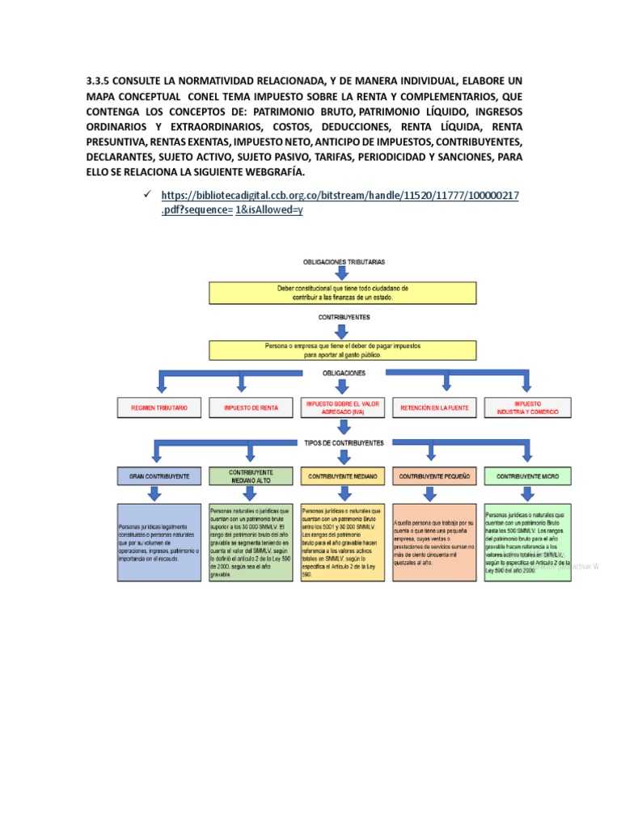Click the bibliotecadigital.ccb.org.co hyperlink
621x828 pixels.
[x=340, y=196]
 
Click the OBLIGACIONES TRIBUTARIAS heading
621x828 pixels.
[x=344, y=263]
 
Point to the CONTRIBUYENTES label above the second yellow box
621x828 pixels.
[x=344, y=318]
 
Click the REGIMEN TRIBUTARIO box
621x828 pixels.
[x=159, y=408]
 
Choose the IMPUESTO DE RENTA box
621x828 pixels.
[x=251, y=408]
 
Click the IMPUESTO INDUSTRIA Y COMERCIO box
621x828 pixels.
[x=528, y=408]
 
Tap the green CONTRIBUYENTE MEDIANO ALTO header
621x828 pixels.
[x=251, y=476]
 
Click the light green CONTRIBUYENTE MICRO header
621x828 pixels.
[x=528, y=477]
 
